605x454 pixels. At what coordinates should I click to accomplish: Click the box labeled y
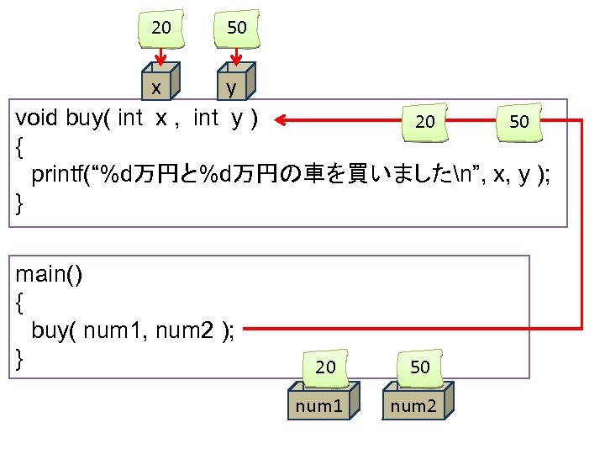(x=232, y=87)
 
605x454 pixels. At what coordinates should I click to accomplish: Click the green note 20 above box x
(x=161, y=28)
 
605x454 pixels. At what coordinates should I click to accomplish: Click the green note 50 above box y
(x=237, y=28)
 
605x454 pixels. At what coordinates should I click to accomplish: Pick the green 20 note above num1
(x=325, y=367)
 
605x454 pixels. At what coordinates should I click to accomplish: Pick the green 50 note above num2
(x=420, y=367)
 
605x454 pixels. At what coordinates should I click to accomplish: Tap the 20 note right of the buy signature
(x=425, y=122)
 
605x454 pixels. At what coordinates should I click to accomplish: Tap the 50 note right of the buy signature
(x=518, y=122)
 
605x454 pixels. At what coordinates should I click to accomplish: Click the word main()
(x=50, y=275)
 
